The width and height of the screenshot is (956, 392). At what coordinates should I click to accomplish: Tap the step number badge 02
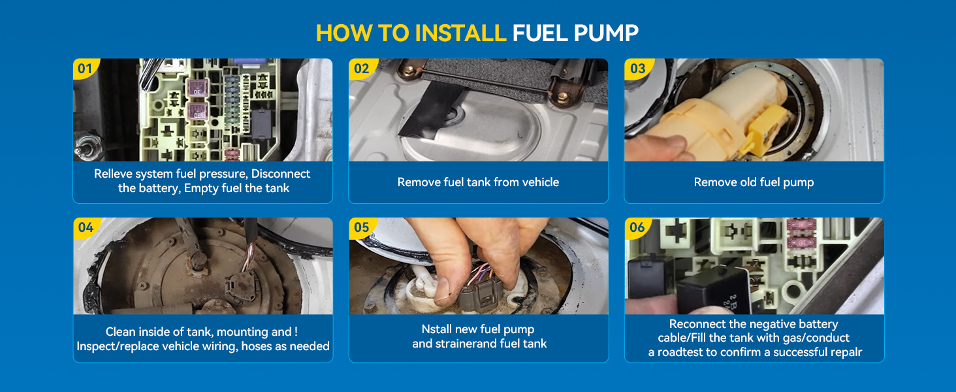click(x=361, y=69)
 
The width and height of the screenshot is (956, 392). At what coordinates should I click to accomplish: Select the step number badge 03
click(x=637, y=69)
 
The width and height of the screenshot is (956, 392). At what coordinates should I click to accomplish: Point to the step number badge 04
click(x=86, y=227)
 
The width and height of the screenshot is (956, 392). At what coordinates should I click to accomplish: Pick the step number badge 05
click(x=361, y=227)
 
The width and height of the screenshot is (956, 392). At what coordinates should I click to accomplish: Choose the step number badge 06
click(x=637, y=227)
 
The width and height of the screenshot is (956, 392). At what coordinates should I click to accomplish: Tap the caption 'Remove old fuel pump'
click(x=754, y=182)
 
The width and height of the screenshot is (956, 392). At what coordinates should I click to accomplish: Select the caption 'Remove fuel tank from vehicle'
click(x=478, y=182)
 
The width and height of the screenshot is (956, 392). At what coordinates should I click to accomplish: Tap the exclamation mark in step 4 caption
click(x=296, y=332)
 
